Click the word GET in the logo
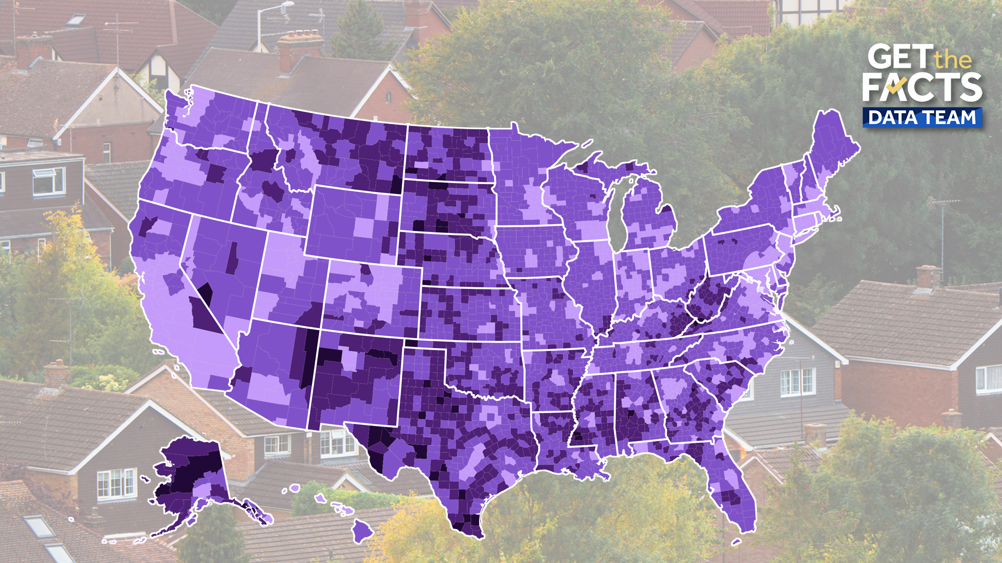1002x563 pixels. tap(899, 57)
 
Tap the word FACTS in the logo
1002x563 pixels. tap(922, 87)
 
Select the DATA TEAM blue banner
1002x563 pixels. tap(922, 118)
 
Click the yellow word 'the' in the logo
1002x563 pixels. tap(953, 60)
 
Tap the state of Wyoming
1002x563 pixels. tap(352, 224)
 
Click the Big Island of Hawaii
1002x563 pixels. tap(362, 531)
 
